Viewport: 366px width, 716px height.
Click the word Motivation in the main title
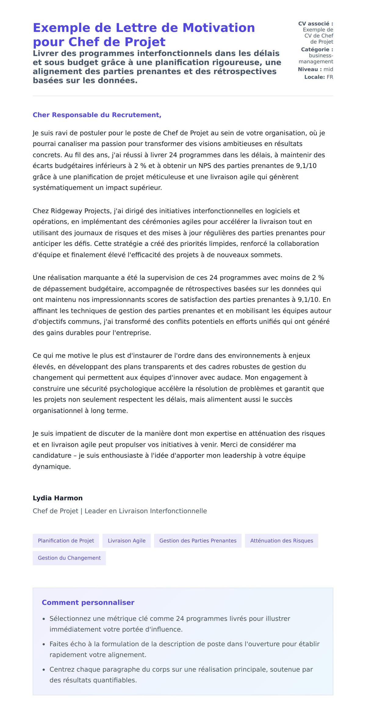(x=218, y=28)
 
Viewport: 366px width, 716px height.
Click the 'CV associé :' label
(x=315, y=23)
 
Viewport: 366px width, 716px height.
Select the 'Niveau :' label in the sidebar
(x=310, y=69)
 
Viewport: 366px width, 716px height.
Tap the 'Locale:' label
(x=314, y=77)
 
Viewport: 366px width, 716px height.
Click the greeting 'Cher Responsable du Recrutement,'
(x=97, y=115)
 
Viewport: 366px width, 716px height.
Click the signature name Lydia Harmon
(x=58, y=498)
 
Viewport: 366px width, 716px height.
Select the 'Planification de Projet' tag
(x=66, y=541)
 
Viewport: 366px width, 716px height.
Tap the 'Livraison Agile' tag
(x=127, y=541)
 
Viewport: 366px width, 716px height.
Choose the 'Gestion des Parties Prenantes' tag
(x=198, y=541)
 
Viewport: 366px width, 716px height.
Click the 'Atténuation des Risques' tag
(x=282, y=541)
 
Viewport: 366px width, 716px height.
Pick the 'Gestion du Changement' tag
(x=69, y=558)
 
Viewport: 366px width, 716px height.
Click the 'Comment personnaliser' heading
(x=88, y=603)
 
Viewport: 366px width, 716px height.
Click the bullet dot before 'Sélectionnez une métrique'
(x=44, y=619)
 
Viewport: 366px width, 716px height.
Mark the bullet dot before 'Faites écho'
(x=44, y=644)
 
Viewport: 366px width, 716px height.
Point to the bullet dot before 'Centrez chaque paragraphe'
(x=44, y=670)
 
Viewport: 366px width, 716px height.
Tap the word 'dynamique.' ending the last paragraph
(x=52, y=467)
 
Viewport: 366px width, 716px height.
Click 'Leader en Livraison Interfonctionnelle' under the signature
(x=145, y=511)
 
